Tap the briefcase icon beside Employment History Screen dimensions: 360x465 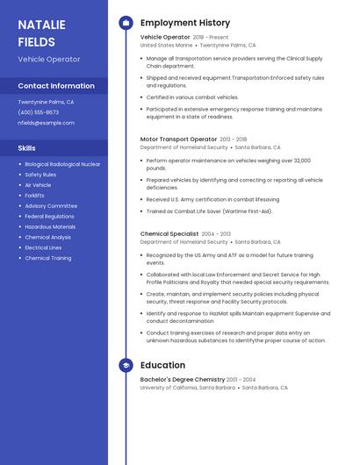point(126,23)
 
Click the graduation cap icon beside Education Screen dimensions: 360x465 point(126,365)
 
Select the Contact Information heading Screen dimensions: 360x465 point(56,86)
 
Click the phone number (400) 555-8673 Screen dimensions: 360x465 point(39,112)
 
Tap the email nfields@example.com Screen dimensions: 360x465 point(46,123)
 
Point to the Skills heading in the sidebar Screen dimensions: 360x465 point(27,148)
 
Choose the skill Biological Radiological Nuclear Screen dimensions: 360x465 point(62,164)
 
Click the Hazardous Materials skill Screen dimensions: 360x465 point(50,226)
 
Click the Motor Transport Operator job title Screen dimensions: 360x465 point(178,139)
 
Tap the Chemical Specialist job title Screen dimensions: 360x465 point(169,233)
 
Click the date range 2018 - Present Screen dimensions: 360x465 point(211,37)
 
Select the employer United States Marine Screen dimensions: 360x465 point(166,45)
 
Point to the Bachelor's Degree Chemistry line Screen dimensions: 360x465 point(183,379)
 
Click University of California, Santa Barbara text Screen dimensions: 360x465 point(187,387)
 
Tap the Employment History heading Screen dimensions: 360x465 point(184,23)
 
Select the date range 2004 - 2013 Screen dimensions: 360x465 point(216,233)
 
